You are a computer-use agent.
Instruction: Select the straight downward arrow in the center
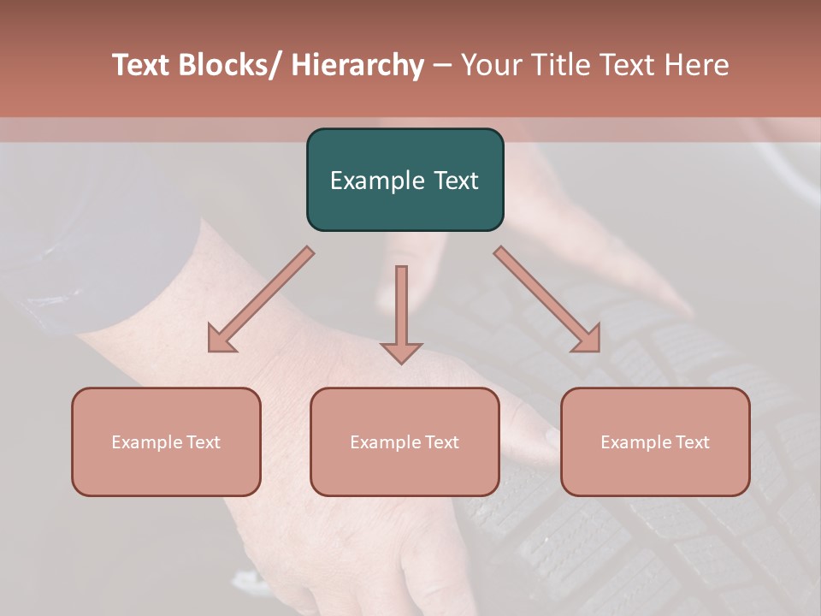pyautogui.click(x=401, y=313)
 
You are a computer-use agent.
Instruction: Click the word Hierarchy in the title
pyautogui.click(x=357, y=65)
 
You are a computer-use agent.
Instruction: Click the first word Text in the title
pyautogui.click(x=141, y=65)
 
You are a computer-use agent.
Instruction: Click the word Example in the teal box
pyautogui.click(x=373, y=181)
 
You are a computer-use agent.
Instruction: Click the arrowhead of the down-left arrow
pyautogui.click(x=221, y=339)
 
